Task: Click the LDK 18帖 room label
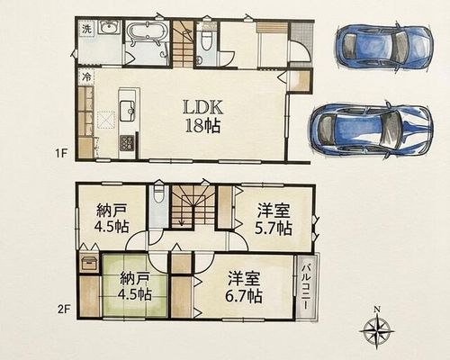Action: [202, 117]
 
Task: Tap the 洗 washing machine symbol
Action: [86, 30]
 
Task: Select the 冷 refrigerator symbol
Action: [86, 77]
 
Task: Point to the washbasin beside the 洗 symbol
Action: [110, 28]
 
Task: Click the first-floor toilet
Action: [206, 40]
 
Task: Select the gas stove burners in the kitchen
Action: [128, 143]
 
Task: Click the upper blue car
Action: [384, 47]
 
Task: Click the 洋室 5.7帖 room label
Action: [274, 220]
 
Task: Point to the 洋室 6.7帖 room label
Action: [244, 287]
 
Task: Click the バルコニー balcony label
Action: [306, 287]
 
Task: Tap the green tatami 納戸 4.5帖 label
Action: [134, 287]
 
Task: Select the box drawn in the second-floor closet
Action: [89, 263]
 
